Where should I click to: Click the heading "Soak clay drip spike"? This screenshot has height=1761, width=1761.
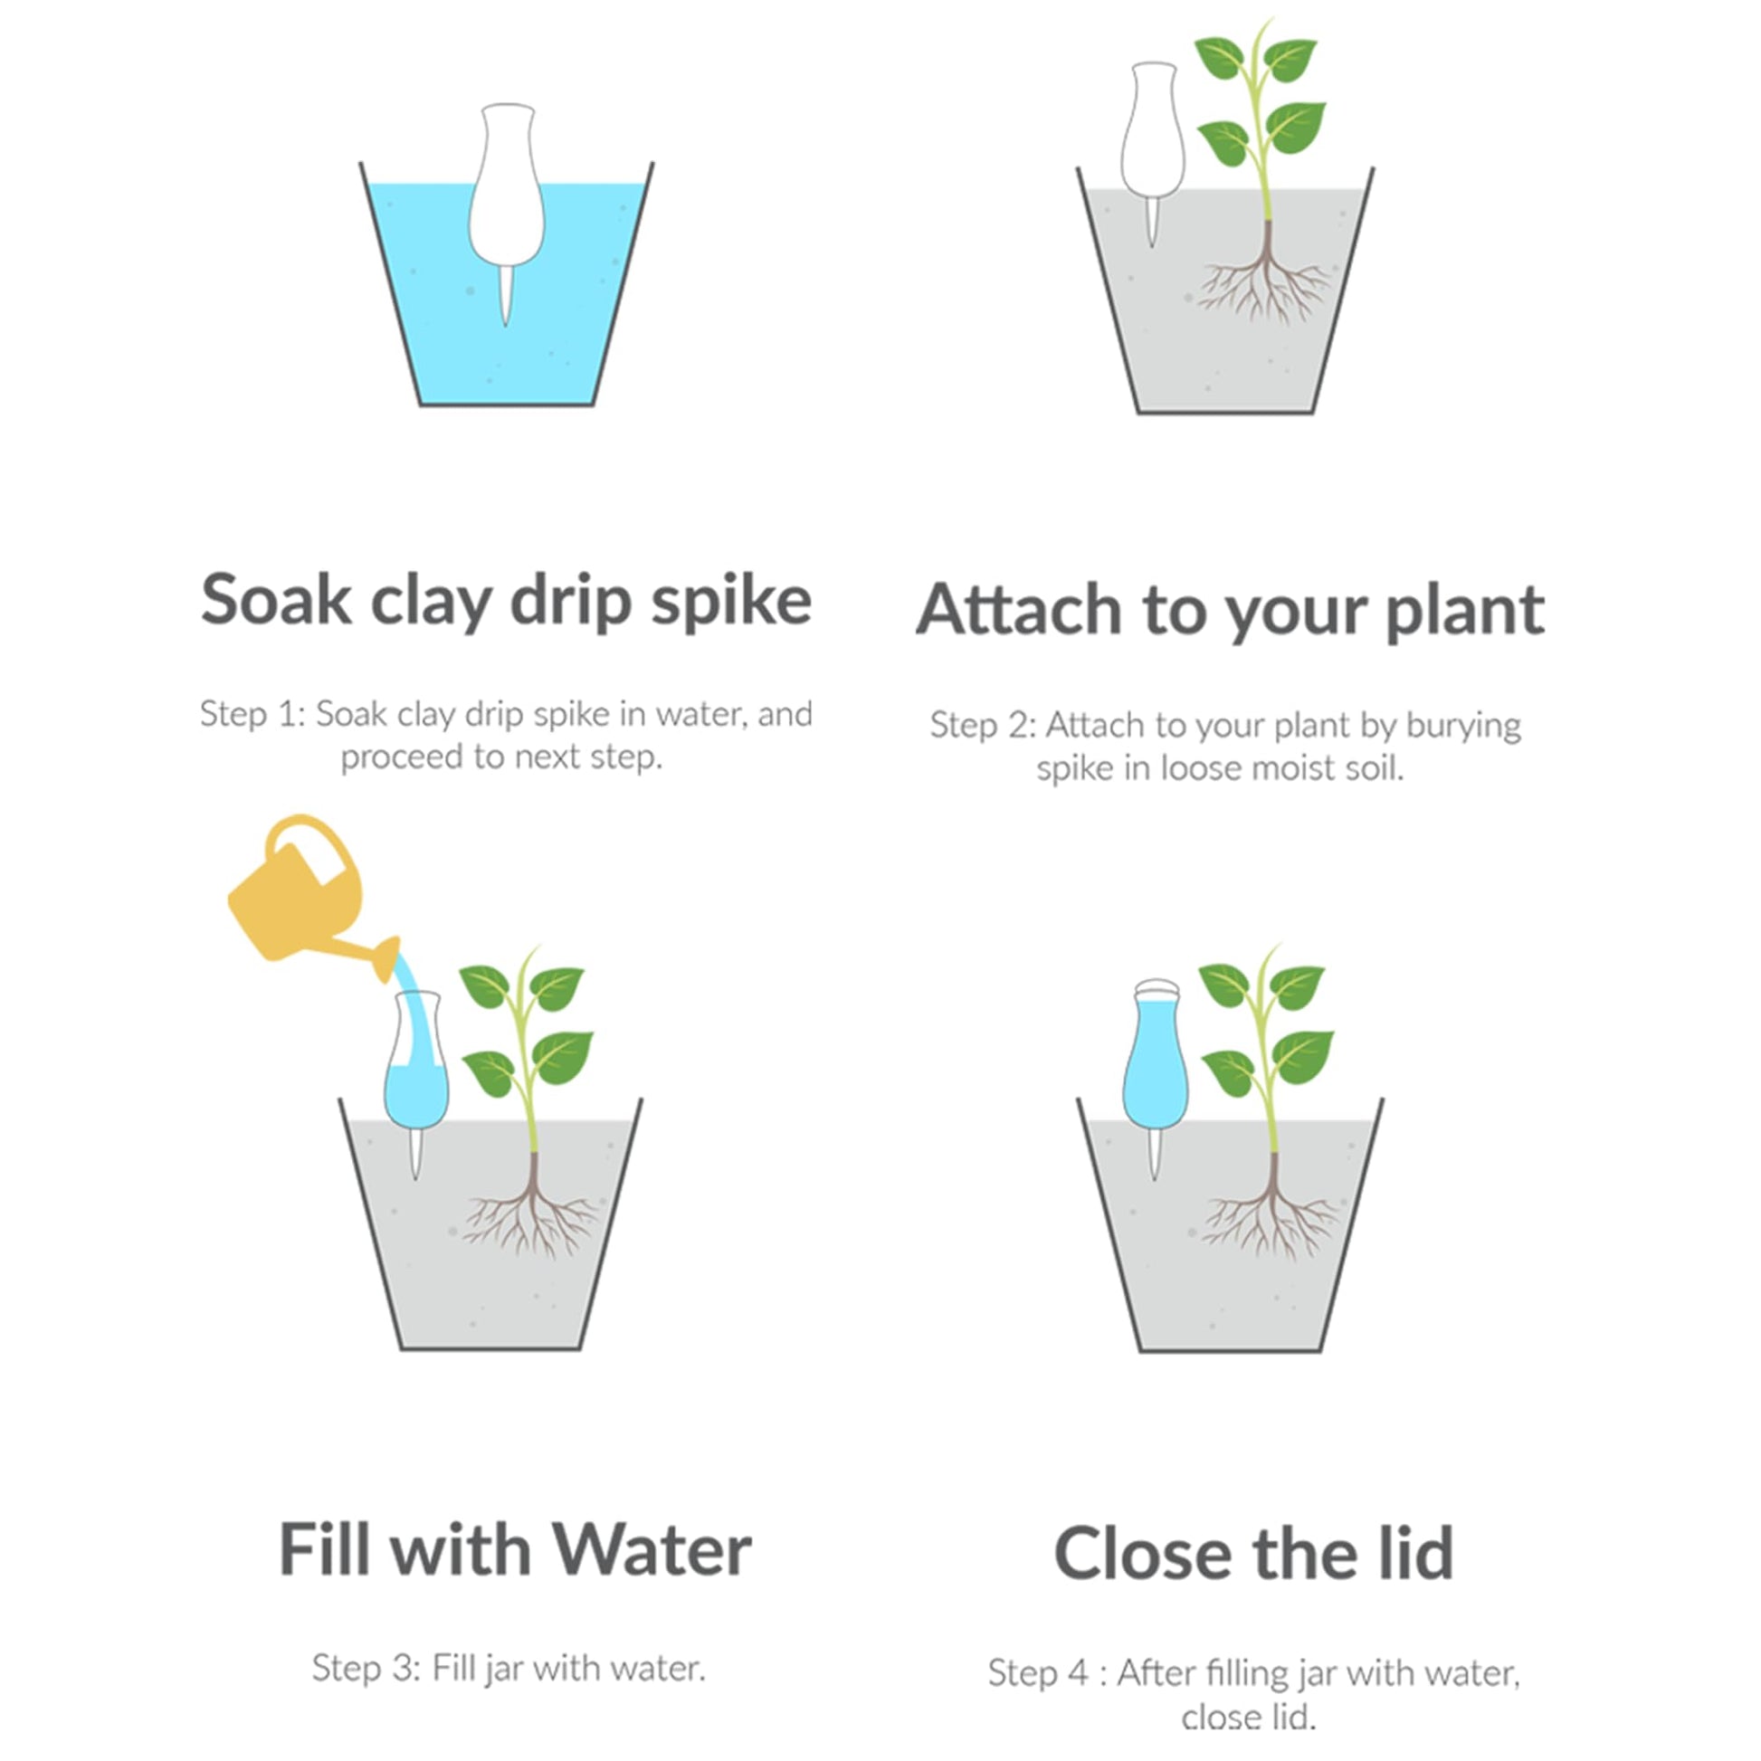(506, 602)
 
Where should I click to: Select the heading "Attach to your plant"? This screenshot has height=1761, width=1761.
(1230, 610)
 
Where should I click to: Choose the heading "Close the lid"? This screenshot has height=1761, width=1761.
(1253, 1554)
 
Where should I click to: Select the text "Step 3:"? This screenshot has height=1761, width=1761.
(365, 1668)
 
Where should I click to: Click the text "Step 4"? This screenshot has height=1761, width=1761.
(1038, 1672)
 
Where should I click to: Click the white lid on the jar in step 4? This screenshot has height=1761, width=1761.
(1157, 990)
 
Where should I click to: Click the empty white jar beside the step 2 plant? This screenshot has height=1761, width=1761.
(1153, 137)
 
